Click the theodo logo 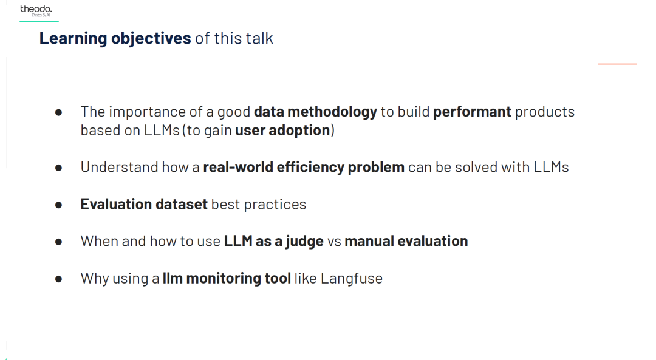tap(36, 11)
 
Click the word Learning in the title tap(73, 38)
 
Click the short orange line tap(617, 64)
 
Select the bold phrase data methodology tap(315, 112)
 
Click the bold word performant tap(472, 112)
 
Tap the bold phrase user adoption tap(283, 131)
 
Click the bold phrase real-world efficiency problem tap(304, 167)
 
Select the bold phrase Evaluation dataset tap(144, 205)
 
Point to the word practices tap(275, 205)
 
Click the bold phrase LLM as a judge tap(273, 241)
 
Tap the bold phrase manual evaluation tap(406, 241)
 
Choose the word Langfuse tap(352, 279)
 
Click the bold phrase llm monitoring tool tap(227, 279)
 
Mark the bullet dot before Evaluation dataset tap(58, 205)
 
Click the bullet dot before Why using tap(58, 279)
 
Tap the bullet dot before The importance tap(58, 112)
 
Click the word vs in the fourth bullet tap(334, 242)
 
